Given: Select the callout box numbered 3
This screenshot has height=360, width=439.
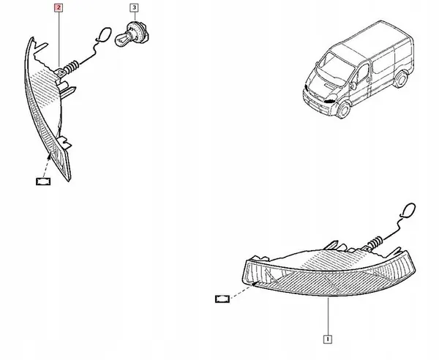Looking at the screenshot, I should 133,9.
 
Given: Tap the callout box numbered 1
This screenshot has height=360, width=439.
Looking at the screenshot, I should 329,339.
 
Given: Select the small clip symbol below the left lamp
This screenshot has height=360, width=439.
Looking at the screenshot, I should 42,180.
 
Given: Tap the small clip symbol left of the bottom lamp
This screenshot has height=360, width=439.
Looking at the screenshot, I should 222,299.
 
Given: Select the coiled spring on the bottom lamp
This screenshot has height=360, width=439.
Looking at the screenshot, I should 378,241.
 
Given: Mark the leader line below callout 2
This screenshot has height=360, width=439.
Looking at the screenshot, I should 59,37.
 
